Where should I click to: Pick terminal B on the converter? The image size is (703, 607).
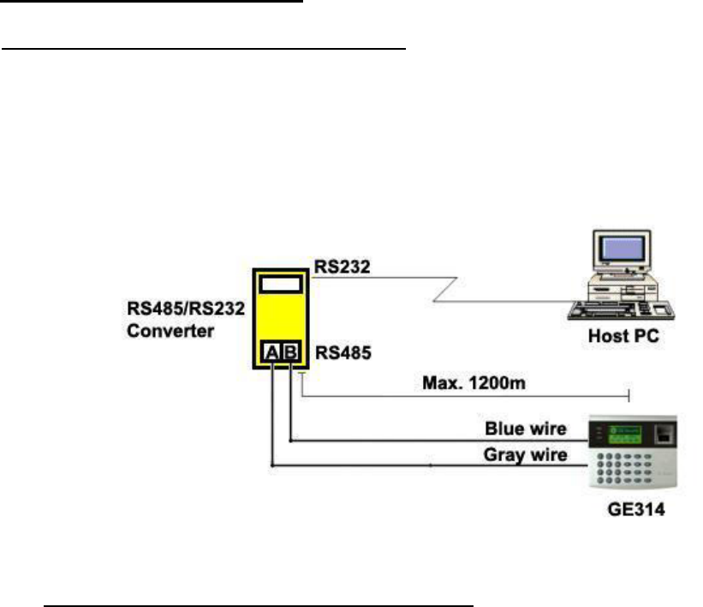[x=291, y=351]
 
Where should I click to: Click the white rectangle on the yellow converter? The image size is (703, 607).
[x=282, y=284]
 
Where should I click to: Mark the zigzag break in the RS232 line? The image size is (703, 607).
[x=445, y=290]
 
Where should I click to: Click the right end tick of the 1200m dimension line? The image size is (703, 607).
[x=631, y=394]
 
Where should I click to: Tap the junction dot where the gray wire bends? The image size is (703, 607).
[x=272, y=465]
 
